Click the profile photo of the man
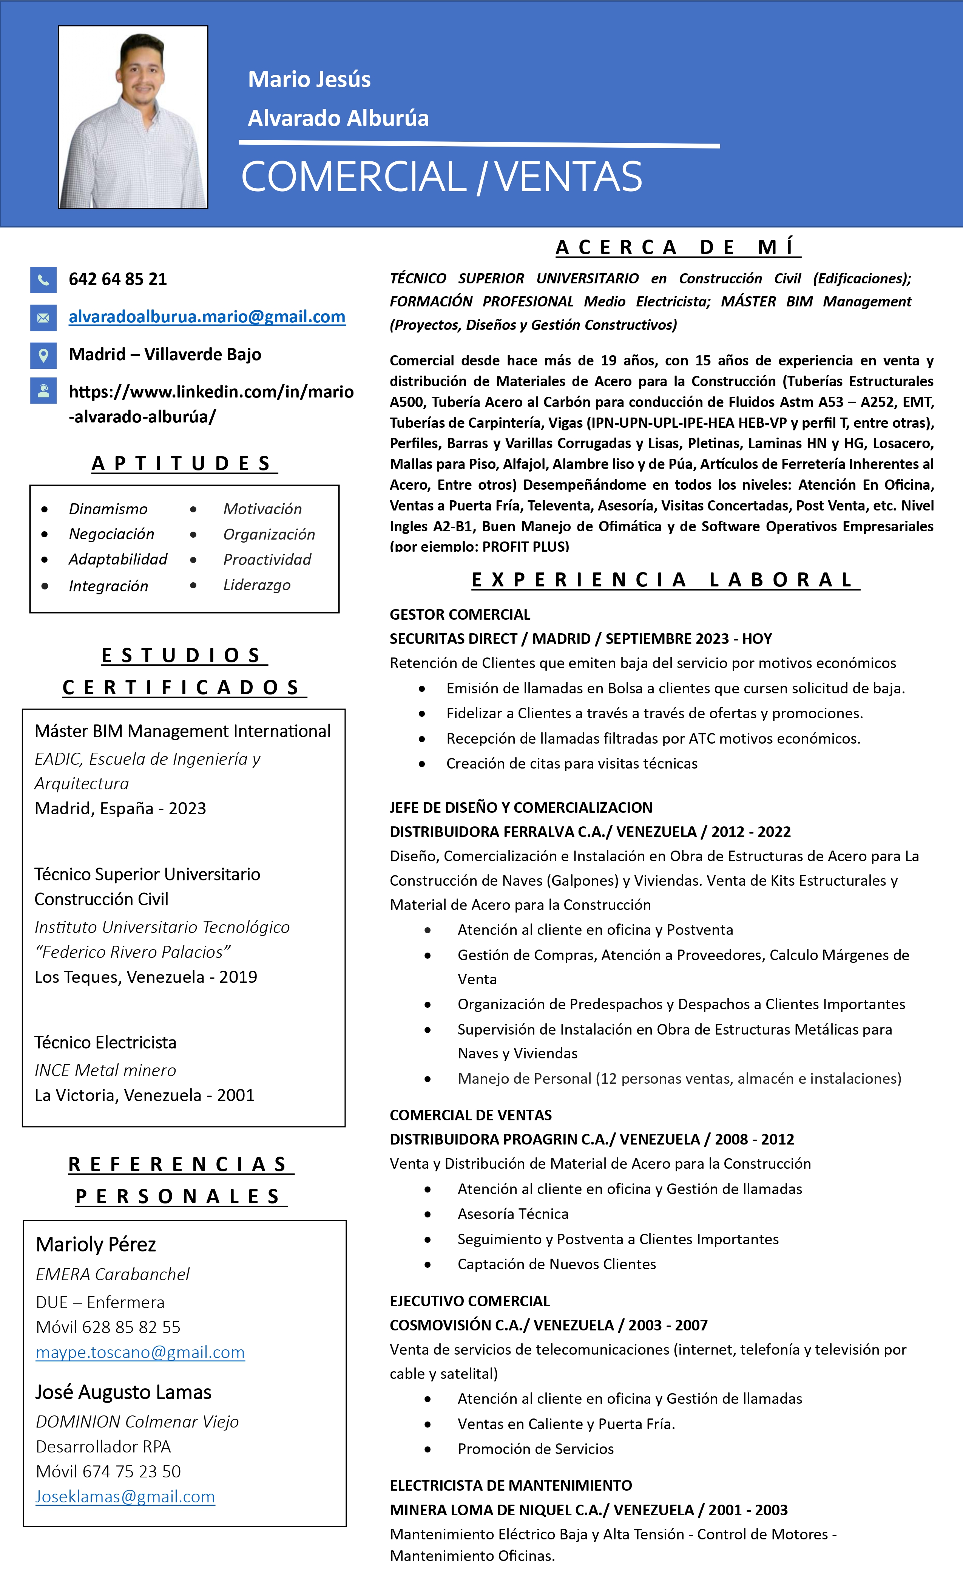(133, 117)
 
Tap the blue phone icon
(43, 280)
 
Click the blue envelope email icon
(43, 317)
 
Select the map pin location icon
(43, 355)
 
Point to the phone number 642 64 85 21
(118, 280)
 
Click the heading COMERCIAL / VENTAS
(441, 176)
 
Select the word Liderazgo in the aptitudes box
(257, 585)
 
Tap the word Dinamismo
(108, 509)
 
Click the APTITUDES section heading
(184, 463)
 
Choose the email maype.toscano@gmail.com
(140, 1352)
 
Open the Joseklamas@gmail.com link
(125, 1496)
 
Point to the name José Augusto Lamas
(123, 1392)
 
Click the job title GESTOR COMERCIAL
(460, 614)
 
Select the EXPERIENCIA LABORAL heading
(665, 580)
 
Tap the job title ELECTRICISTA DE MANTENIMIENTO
(511, 1485)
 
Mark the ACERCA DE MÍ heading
(678, 247)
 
